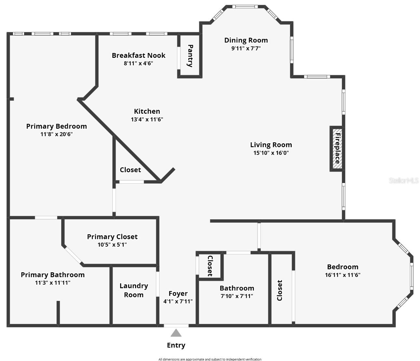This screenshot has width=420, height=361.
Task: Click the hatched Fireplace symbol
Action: click(337, 149)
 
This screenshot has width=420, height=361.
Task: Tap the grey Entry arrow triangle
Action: click(176, 333)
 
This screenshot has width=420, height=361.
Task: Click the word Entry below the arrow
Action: click(176, 345)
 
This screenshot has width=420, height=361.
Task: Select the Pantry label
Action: click(190, 56)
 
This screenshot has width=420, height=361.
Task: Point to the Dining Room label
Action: click(246, 40)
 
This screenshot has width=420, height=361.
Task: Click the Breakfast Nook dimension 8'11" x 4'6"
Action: click(138, 63)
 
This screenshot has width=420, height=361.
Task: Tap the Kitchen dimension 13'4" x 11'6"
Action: click(147, 119)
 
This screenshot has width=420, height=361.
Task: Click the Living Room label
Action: click(271, 145)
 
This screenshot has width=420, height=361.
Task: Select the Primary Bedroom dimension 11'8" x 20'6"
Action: click(56, 134)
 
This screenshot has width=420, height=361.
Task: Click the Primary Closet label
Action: click(112, 237)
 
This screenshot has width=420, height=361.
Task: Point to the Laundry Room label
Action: click(133, 290)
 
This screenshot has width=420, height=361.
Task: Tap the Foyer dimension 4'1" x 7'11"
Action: click(178, 301)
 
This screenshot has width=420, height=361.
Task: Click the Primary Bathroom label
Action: click(53, 275)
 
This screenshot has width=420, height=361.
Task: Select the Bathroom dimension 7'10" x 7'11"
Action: click(237, 296)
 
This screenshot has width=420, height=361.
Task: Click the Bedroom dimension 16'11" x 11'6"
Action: click(343, 275)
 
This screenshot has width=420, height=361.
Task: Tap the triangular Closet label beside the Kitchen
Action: click(130, 170)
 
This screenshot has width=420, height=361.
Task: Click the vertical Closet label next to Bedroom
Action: click(279, 290)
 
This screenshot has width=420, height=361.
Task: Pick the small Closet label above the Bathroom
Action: click(210, 266)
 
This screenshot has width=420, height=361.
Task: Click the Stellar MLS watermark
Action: click(403, 181)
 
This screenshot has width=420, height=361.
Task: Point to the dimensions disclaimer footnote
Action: click(210, 359)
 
